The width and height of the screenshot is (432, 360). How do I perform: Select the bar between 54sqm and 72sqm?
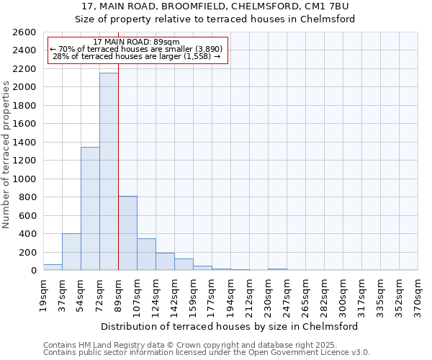coord(90,209)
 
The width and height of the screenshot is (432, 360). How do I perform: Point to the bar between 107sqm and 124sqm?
coord(146,254)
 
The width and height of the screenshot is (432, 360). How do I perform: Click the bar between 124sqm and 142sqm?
coord(165,261)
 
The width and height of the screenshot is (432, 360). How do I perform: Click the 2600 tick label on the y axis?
coord(24,32)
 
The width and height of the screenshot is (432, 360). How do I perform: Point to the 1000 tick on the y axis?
coord(24,179)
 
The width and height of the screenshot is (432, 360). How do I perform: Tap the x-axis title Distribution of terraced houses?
coord(230,326)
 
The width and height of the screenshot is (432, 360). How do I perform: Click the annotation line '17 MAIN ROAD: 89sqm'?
coord(137,42)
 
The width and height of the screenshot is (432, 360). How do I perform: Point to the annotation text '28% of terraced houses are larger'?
coord(137,56)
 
